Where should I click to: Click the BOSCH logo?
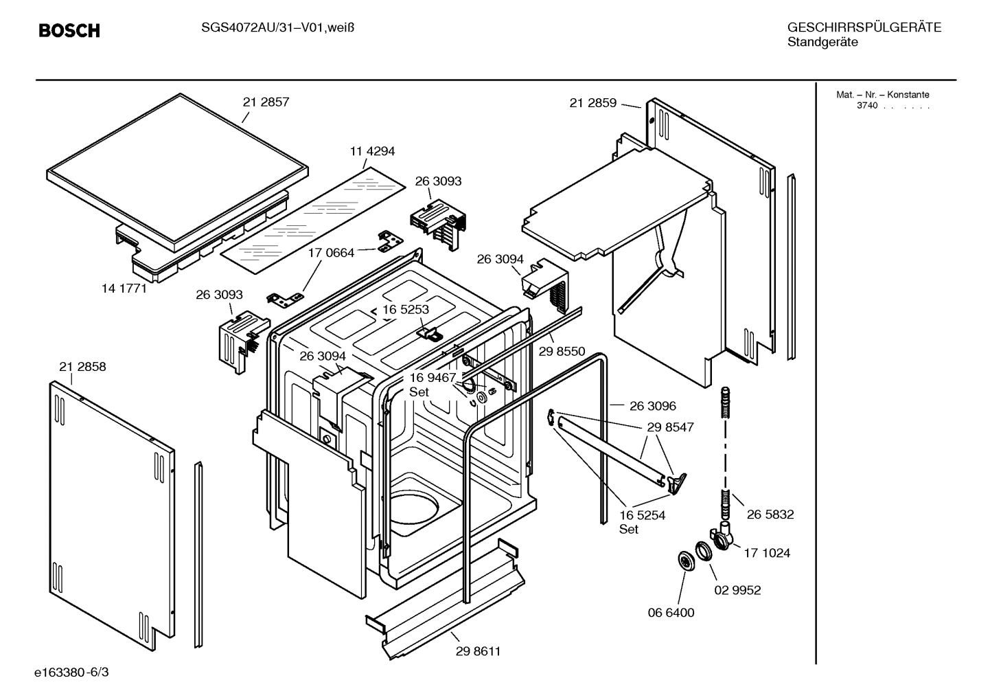(69, 31)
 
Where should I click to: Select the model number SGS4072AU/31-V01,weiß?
(268, 27)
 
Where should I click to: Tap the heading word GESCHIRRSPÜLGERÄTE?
(864, 27)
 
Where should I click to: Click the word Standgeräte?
(822, 43)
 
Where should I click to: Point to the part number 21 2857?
(266, 102)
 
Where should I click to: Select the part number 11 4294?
(372, 152)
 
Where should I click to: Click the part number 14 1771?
(124, 289)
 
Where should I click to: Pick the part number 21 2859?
(592, 104)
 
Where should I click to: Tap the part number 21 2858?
(82, 367)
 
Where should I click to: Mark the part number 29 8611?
(478, 651)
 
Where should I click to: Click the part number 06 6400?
(671, 613)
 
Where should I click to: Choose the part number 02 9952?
(737, 590)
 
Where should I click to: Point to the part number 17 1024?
(767, 553)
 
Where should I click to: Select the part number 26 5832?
(770, 515)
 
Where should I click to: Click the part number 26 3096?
(652, 406)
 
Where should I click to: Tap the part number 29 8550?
(562, 352)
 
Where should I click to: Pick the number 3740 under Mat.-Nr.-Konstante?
(866, 106)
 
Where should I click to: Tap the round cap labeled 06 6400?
(684, 561)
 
